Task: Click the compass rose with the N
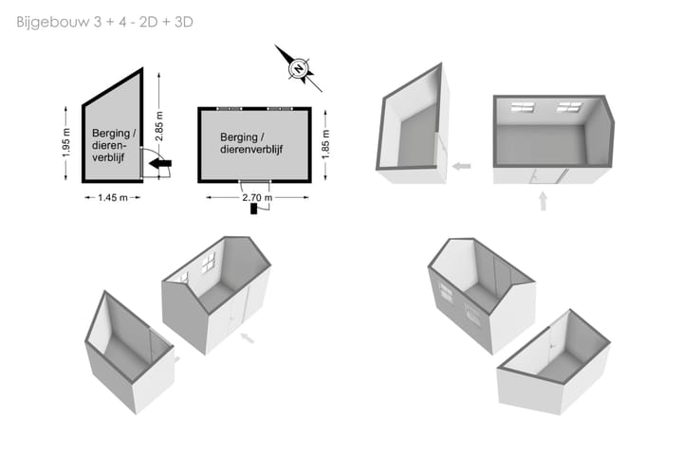point(299,69)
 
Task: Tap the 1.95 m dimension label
point(66,143)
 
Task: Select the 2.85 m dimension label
point(159,126)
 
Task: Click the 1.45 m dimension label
point(113,198)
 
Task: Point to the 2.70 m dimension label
point(257,198)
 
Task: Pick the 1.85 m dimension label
point(325,144)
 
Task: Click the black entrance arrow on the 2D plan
point(160,164)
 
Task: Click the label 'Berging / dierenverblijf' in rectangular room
point(251,143)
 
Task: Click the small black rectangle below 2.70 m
point(254,209)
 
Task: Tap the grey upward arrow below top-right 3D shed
point(544,202)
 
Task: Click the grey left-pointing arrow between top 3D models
point(461,166)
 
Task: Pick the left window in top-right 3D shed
point(523,107)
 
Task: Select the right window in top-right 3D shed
point(569,107)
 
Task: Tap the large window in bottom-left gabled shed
point(208,263)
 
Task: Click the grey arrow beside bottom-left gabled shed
point(248,337)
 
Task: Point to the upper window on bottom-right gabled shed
point(446,292)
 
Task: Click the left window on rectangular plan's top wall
point(230,108)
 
